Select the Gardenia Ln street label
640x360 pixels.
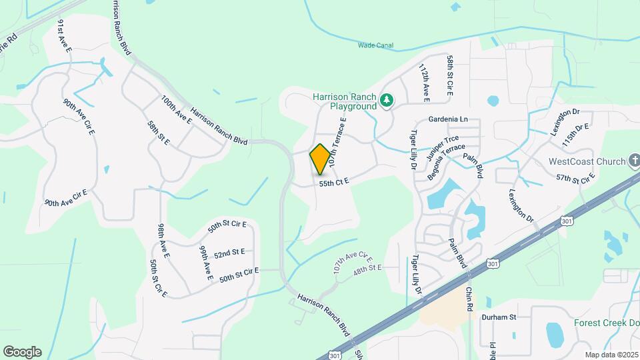(449, 119)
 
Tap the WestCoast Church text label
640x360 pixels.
(587, 161)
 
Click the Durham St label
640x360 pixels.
(500, 317)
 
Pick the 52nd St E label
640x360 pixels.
(230, 253)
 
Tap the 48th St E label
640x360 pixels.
(367, 268)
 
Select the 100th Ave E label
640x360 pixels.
(176, 109)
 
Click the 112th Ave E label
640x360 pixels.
(424, 83)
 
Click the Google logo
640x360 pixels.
(22, 352)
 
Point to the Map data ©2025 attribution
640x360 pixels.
(611, 355)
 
